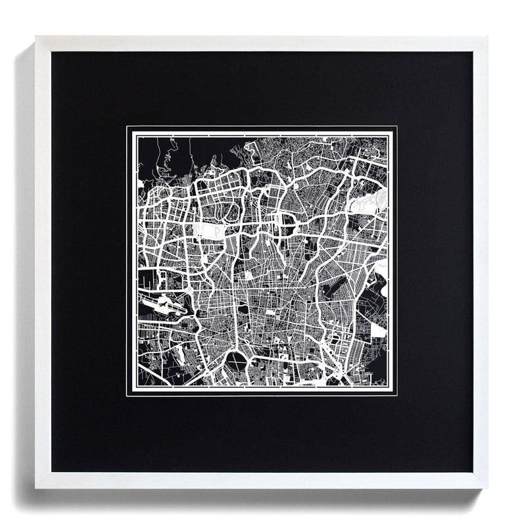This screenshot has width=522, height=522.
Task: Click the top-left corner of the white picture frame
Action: [36, 37]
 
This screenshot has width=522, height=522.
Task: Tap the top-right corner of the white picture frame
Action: [487, 37]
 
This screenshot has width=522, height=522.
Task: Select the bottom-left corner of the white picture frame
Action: [36, 487]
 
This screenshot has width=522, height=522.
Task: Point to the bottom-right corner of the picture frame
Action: [487, 487]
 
